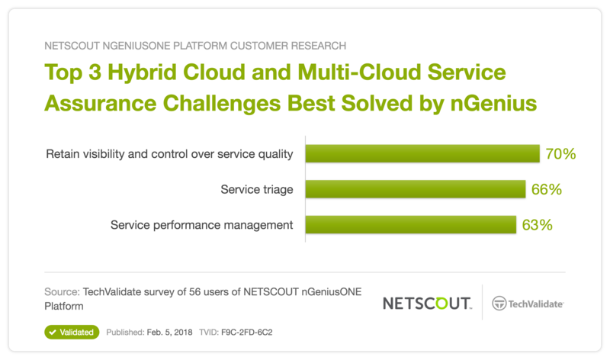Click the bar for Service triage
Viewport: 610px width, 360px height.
(416, 189)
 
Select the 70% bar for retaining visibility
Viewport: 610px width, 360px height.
(422, 154)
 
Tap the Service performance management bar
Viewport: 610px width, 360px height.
(411, 224)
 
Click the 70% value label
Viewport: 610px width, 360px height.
(560, 154)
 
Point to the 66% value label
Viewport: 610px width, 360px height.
(547, 189)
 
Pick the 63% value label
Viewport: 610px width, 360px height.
(538, 224)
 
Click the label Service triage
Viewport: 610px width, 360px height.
(257, 189)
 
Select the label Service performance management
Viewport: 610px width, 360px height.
(201, 225)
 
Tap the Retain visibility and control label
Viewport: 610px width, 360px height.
(169, 154)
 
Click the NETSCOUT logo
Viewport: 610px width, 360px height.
(427, 304)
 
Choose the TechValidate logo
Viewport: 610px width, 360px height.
(528, 304)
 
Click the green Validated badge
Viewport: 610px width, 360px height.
(72, 332)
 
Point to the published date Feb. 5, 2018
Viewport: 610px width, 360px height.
(169, 333)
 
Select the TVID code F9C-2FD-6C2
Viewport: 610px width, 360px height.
(246, 333)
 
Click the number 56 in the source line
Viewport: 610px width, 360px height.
(194, 292)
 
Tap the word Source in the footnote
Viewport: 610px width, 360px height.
(62, 292)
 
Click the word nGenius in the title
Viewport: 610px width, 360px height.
(493, 103)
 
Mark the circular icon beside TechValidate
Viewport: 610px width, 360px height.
(499, 304)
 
